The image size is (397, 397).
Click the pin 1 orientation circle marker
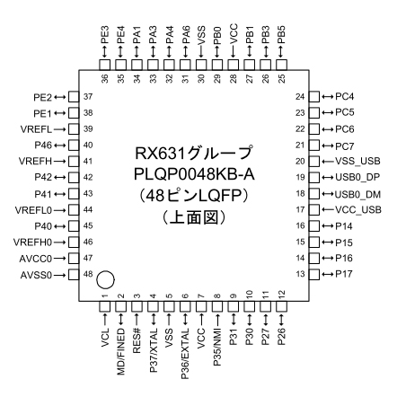(105, 279)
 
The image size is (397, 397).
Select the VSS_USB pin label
(357, 161)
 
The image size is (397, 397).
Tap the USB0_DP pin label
(357, 177)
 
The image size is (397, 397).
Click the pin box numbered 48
(74, 274)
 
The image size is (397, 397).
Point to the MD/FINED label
(120, 351)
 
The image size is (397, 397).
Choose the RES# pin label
(137, 340)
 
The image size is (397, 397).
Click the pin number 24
(300, 97)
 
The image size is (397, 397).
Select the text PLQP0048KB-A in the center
(194, 174)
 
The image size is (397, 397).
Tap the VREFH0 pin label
(32, 242)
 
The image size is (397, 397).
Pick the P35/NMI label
(217, 347)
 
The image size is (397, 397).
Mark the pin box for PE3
(105, 65)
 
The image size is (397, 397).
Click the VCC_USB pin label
(358, 209)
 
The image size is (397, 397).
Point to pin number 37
(88, 97)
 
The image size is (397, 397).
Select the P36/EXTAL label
(185, 354)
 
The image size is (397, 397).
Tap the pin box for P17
(314, 274)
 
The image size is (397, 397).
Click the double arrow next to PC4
(327, 97)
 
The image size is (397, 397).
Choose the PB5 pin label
(281, 35)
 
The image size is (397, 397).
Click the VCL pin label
(105, 338)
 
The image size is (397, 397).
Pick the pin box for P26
(281, 306)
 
